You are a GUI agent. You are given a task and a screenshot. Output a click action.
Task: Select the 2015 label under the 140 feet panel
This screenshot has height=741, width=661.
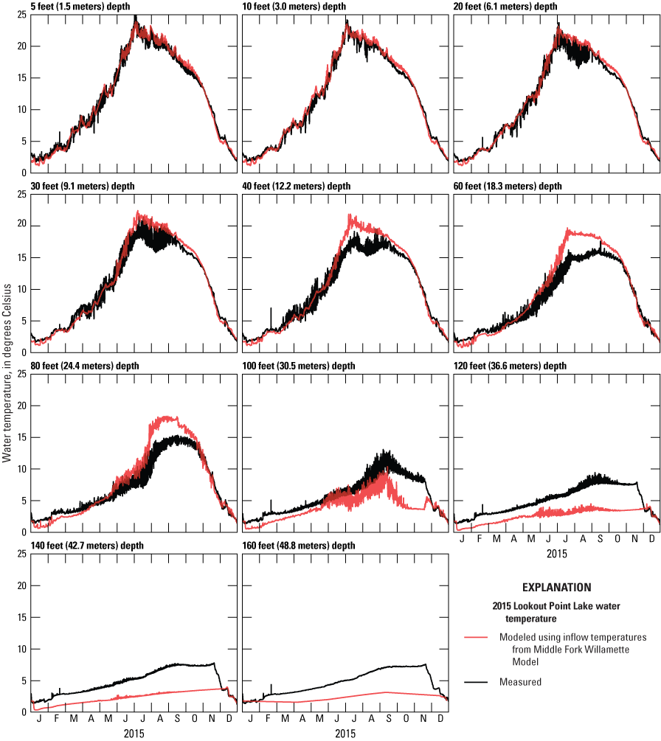click(x=134, y=734)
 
